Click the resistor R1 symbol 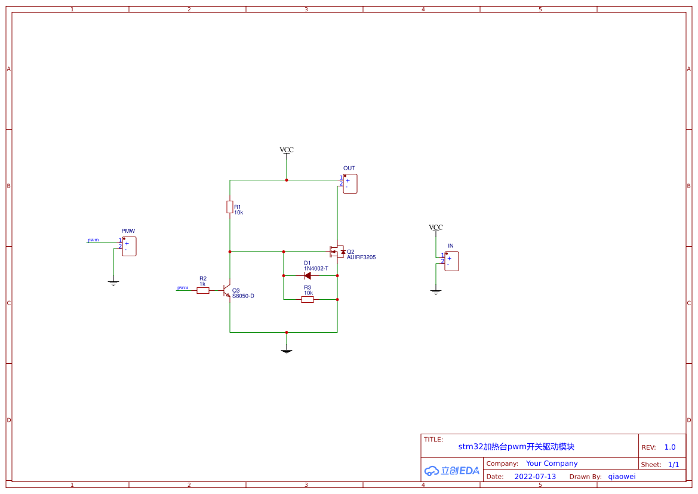(230, 207)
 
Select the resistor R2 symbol (203, 290)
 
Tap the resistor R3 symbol (308, 300)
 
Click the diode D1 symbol (307, 276)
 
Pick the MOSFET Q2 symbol (337, 252)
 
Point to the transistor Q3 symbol (227, 290)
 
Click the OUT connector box (350, 183)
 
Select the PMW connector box (129, 246)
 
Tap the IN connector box (451, 262)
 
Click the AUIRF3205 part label (361, 257)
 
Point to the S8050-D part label (243, 296)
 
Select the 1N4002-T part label (316, 269)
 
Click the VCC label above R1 (287, 150)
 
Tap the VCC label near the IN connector (436, 227)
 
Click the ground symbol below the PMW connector (113, 283)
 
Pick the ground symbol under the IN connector (436, 292)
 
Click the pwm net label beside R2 (183, 288)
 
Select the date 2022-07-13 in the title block (535, 477)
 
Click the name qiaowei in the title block (622, 477)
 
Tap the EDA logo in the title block (452, 471)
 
